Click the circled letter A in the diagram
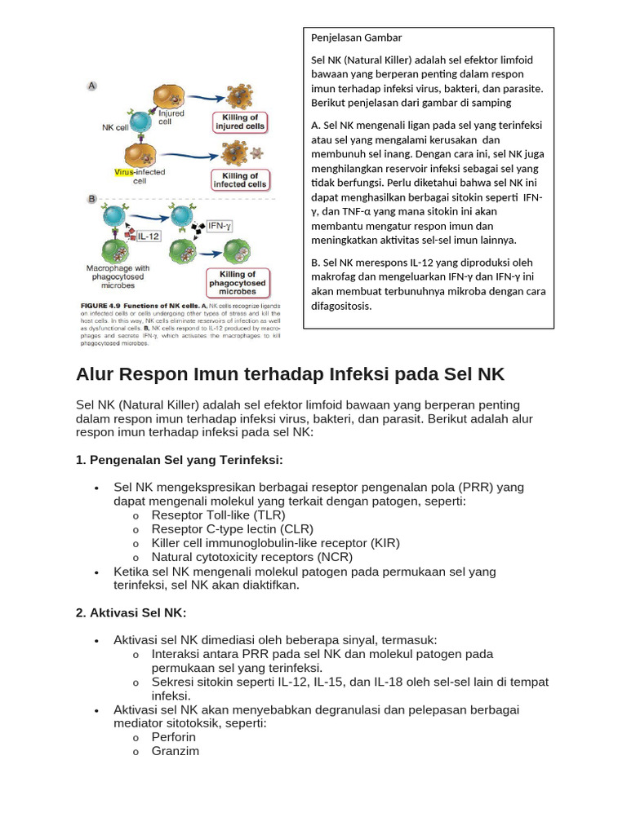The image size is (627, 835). point(92,86)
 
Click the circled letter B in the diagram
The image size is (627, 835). point(92,198)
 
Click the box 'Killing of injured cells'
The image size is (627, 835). point(240,122)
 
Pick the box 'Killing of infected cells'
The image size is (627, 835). point(241,179)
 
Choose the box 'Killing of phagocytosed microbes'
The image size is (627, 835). point(238,282)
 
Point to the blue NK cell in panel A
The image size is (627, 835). point(140,123)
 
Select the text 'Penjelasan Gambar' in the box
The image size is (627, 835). point(356,38)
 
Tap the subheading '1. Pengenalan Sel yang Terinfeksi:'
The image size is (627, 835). point(179,460)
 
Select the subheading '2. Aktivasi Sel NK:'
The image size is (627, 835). point(131,612)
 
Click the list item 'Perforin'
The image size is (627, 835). point(173,737)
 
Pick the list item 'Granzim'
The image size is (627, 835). point(175,751)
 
